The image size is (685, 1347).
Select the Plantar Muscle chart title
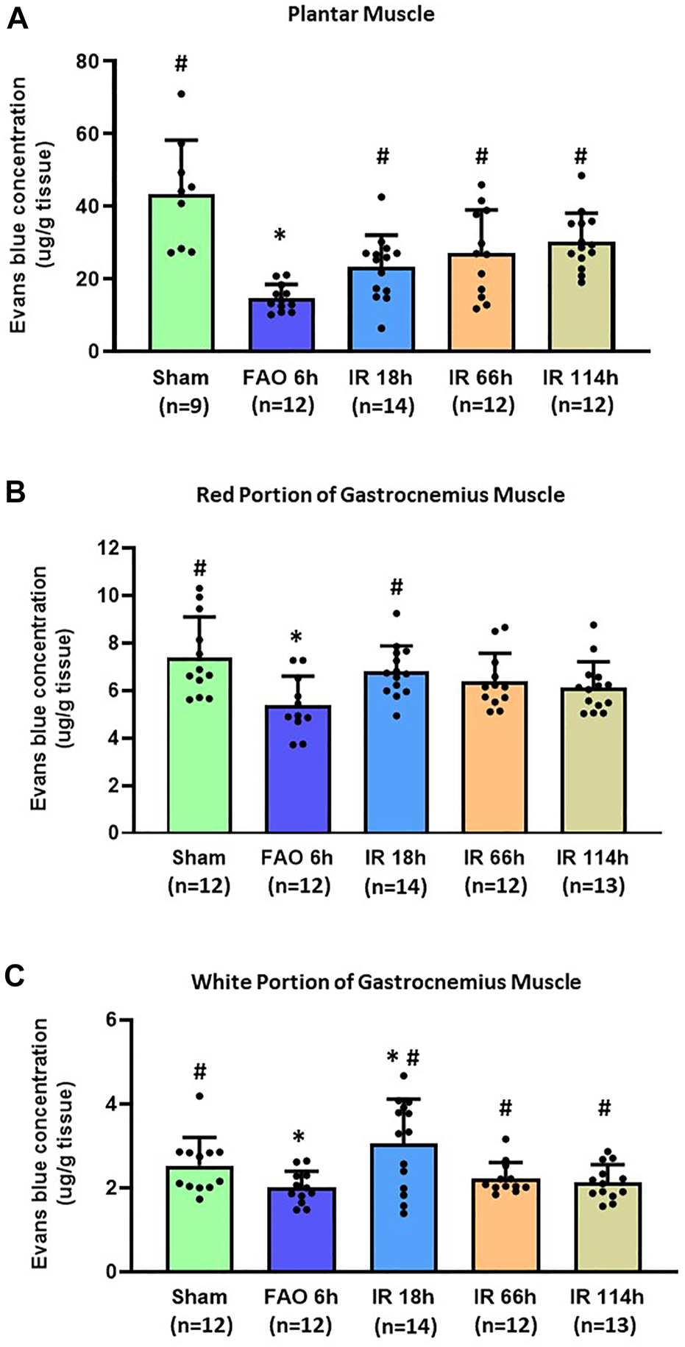tap(361, 14)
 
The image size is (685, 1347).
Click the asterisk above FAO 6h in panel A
tap(280, 236)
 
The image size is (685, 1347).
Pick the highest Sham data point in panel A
tap(181, 94)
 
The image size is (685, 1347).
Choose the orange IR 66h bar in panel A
tap(481, 309)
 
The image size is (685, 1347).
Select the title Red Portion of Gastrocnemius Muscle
tap(380, 494)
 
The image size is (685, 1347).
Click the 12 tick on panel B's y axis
tap(107, 548)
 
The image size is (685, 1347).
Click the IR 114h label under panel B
tap(593, 858)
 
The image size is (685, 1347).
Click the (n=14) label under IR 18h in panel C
tap(405, 1327)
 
